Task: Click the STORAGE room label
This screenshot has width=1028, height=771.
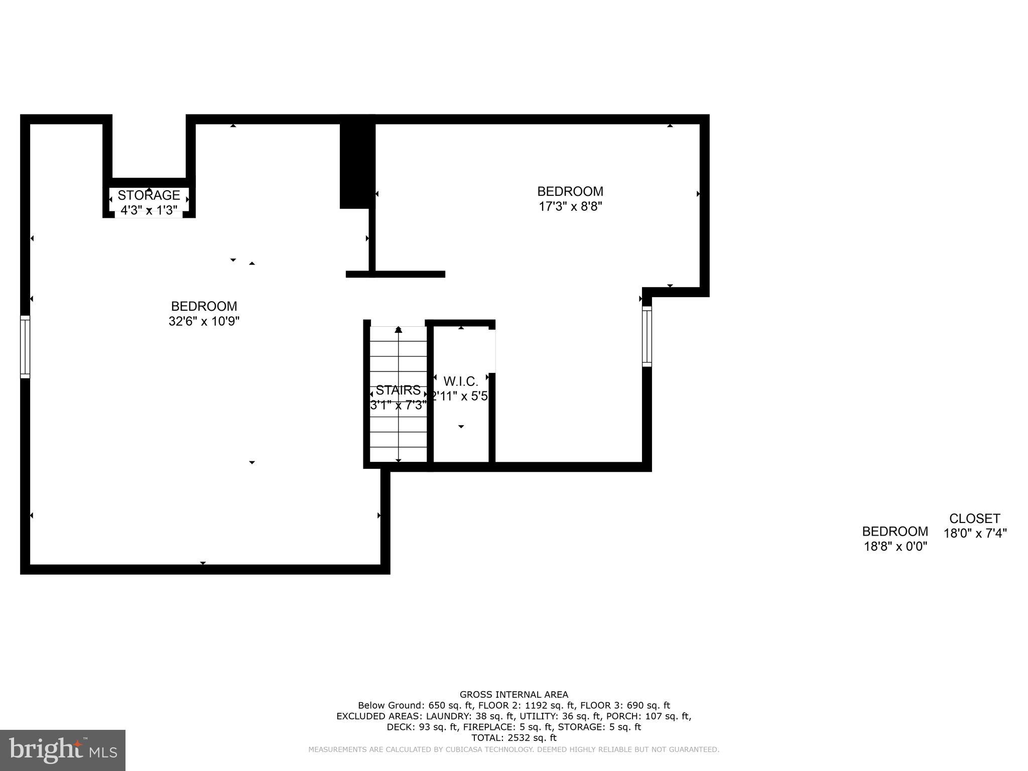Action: pyautogui.click(x=149, y=195)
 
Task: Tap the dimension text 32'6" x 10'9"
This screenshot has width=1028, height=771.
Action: pyautogui.click(x=204, y=321)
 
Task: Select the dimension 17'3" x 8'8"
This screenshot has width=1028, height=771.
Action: pyautogui.click(x=570, y=206)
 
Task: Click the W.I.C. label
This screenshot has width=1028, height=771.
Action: pyautogui.click(x=460, y=381)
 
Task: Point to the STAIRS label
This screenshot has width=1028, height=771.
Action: pyautogui.click(x=398, y=390)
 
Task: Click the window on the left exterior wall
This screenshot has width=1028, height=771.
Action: pyautogui.click(x=25, y=346)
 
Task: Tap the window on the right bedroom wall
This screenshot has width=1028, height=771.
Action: pyautogui.click(x=647, y=336)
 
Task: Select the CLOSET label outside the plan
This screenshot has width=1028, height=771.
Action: pyautogui.click(x=975, y=519)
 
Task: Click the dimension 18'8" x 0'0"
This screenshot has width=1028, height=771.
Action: pyautogui.click(x=895, y=546)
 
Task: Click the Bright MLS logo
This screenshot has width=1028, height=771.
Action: pyautogui.click(x=63, y=750)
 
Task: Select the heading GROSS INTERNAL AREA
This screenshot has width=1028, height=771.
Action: pyautogui.click(x=514, y=695)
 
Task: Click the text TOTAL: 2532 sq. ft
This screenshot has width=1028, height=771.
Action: pyautogui.click(x=514, y=738)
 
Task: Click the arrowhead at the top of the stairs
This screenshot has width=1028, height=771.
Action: pyautogui.click(x=399, y=330)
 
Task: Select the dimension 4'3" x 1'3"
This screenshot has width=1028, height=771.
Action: pyautogui.click(x=149, y=210)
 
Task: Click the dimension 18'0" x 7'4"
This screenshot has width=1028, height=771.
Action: pyautogui.click(x=975, y=533)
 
